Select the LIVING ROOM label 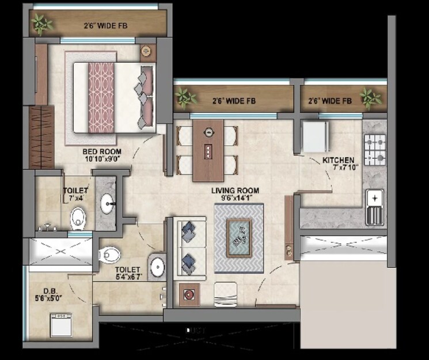click(x=234, y=191)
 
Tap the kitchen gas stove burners click(x=375, y=148)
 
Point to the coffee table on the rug click(x=239, y=237)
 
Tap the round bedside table click(x=146, y=51)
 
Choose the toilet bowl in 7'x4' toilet click(x=78, y=218)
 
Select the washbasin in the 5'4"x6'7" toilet click(x=157, y=267)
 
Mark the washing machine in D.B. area click(x=60, y=325)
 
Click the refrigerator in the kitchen click(x=315, y=135)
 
